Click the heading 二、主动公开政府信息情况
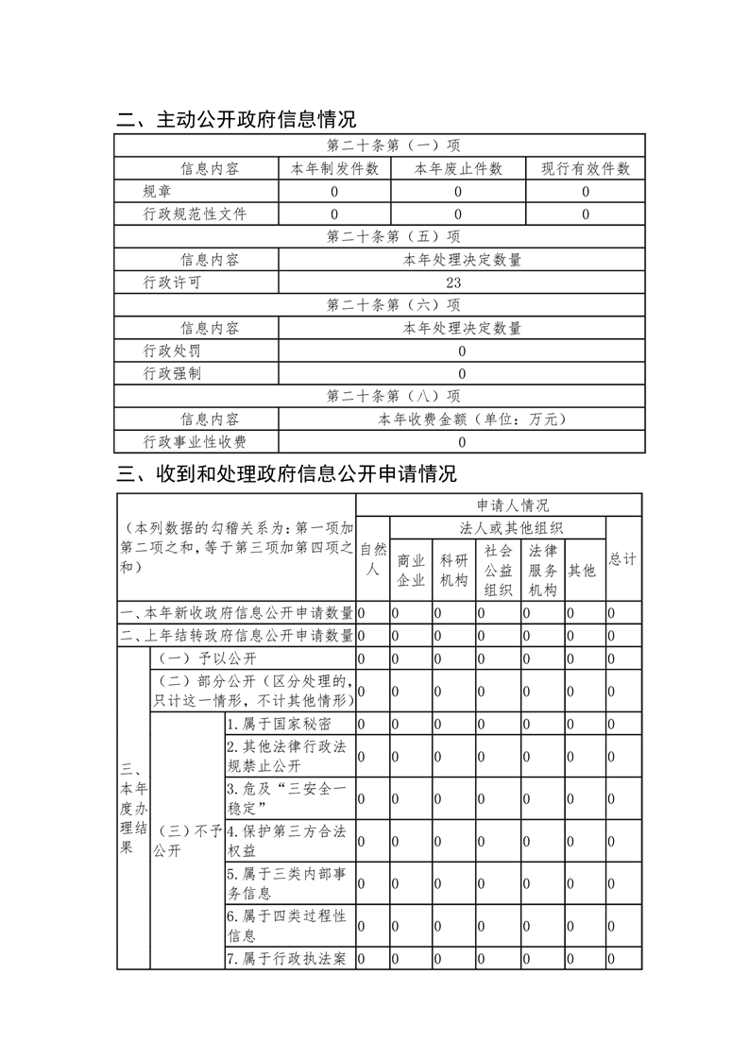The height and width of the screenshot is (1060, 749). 236,120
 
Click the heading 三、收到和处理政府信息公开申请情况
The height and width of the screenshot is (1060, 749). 286,473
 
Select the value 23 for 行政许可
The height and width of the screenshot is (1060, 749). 462,282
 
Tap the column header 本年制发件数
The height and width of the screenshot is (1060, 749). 334,169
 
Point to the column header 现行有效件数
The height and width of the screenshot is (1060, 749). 586,169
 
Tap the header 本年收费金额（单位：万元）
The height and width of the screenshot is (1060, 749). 462,419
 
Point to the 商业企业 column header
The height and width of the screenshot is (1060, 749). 411,570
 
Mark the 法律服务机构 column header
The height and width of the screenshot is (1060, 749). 543,570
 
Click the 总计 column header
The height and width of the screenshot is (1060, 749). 623,559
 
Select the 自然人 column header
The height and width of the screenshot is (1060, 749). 373,559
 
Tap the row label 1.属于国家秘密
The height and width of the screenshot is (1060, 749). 279,724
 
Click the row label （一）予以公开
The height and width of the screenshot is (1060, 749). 206,658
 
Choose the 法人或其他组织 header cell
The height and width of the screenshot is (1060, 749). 497,528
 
